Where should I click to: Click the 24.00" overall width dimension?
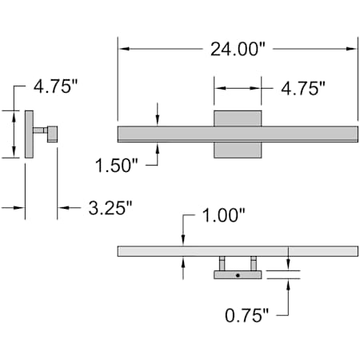(x=238, y=49)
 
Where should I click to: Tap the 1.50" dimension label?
(x=117, y=166)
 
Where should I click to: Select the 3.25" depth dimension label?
(x=110, y=208)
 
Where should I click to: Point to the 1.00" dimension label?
(x=223, y=215)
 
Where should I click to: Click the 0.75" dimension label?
(x=246, y=315)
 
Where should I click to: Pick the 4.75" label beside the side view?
(x=55, y=86)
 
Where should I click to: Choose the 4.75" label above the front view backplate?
(x=303, y=88)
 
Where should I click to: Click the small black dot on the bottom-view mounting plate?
(x=238, y=275)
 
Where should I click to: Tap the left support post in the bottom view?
(x=222, y=263)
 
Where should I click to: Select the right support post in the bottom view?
(x=254, y=263)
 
